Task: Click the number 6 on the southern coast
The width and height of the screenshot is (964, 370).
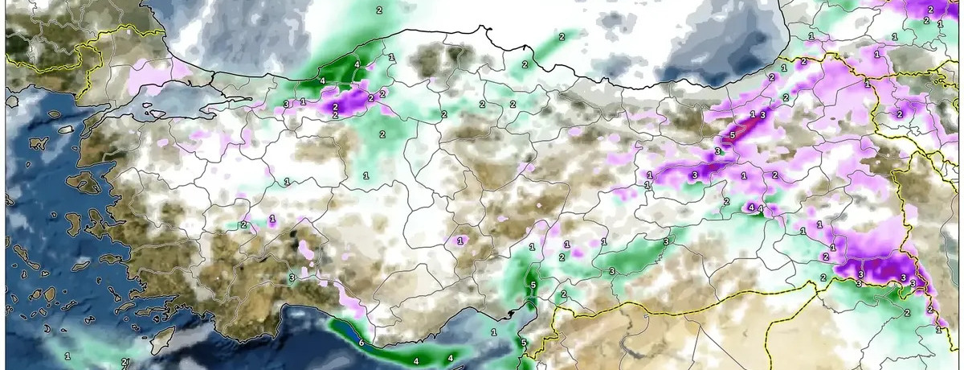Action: coord(361,343)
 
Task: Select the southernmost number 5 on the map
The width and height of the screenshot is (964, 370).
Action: coord(524,343)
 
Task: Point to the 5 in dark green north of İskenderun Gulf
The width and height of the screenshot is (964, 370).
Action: coord(533,285)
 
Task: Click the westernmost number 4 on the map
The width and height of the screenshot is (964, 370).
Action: coord(322,80)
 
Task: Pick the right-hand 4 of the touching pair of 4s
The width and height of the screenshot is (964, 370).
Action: coord(760,209)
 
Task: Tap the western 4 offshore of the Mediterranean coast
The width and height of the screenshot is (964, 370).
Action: coord(416,360)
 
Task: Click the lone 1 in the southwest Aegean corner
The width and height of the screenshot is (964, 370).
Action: coord(67,355)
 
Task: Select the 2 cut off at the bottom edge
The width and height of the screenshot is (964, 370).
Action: coord(125,364)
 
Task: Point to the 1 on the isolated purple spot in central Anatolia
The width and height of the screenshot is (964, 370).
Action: coord(460,240)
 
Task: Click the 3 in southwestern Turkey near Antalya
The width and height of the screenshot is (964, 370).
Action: coord(292,277)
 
